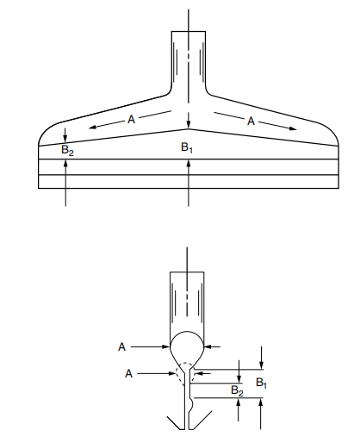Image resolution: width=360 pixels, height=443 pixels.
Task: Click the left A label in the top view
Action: [x=131, y=120]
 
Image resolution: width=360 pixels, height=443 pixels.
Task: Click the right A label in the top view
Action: [x=251, y=122]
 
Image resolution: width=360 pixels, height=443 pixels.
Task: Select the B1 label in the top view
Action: [x=187, y=148]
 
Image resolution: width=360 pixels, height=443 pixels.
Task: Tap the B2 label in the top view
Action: [x=67, y=150]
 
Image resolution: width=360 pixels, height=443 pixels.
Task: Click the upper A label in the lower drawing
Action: [x=122, y=346]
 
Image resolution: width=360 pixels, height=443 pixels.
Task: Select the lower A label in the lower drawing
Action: [x=127, y=373]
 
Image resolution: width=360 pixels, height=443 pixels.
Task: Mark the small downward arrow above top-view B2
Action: [x=66, y=134]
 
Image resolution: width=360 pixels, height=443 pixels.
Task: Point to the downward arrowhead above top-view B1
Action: [x=188, y=122]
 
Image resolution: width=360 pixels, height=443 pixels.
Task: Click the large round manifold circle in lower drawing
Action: [x=188, y=347]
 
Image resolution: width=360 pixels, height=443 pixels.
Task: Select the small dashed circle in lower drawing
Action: [x=183, y=371]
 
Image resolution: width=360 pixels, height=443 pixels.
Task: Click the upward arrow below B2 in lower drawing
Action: [x=237, y=412]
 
